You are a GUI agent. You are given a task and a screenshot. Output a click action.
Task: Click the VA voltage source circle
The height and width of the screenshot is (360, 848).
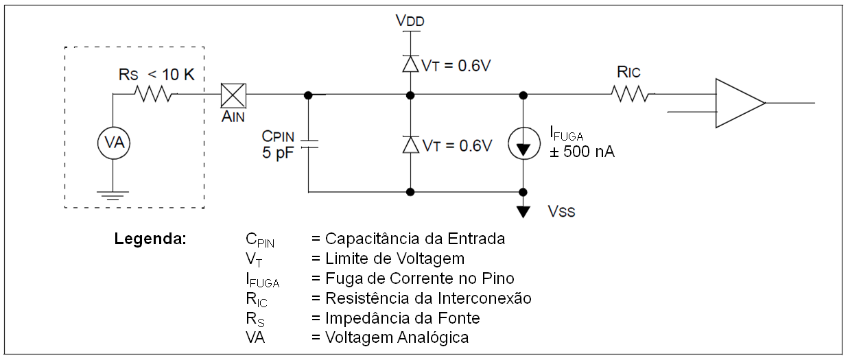point(113,143)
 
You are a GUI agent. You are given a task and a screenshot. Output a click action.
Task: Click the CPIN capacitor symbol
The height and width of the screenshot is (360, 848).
point(308,145)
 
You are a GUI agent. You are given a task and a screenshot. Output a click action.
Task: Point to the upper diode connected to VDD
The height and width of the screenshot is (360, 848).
point(410,64)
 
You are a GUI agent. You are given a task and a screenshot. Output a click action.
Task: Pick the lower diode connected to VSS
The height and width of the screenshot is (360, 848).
point(410,145)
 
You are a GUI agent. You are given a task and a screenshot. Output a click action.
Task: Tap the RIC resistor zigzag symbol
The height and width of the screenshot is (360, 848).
point(631,94)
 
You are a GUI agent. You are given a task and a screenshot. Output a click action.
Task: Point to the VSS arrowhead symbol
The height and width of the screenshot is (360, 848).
point(523,211)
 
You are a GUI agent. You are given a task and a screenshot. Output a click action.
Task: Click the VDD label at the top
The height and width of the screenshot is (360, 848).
point(410,21)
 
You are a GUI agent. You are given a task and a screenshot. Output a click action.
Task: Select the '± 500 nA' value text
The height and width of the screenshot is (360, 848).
point(582,152)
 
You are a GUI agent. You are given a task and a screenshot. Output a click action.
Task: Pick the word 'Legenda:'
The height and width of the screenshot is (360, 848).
point(150,239)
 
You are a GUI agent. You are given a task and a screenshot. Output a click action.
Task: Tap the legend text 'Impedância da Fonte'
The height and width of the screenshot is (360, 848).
point(402,317)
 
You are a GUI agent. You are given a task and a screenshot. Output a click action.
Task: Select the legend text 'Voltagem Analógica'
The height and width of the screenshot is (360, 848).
point(397,337)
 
